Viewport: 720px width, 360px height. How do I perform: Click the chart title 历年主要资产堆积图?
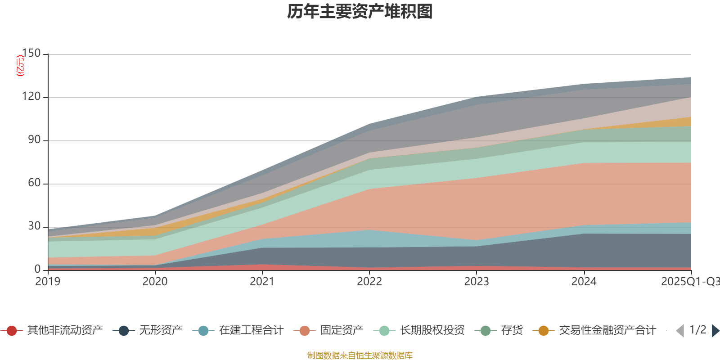pos(360,12)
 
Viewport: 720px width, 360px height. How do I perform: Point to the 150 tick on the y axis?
pos(31,54)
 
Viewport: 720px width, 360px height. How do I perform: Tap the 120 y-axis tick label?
pos(31,97)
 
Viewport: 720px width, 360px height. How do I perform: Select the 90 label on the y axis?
pos(34,140)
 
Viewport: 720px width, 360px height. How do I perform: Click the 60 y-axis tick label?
pos(34,183)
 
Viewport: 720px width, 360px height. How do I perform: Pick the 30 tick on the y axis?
pos(34,226)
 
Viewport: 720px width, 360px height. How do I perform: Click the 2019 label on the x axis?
pos(48,282)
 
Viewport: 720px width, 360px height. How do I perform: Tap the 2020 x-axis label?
pos(155,282)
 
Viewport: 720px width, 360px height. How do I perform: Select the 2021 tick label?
pos(262,282)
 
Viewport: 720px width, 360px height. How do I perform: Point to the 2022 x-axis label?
pos(369,282)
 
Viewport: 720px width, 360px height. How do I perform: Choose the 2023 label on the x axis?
pos(477,282)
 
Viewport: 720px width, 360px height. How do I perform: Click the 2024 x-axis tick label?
pos(584,282)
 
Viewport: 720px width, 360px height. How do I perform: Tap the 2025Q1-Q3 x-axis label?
pos(689,282)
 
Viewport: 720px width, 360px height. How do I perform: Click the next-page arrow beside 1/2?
pos(715,331)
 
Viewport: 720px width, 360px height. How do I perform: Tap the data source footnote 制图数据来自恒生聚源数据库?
pos(360,355)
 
